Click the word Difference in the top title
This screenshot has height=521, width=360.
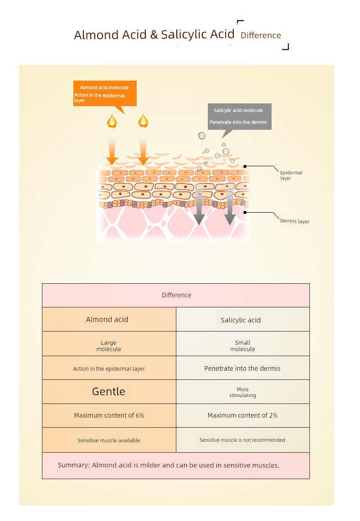point(261,36)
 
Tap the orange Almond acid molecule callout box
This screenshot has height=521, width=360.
point(105,93)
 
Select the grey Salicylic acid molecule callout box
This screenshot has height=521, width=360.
point(239,116)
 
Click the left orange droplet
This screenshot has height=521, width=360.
point(112,121)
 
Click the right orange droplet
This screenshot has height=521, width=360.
point(143,121)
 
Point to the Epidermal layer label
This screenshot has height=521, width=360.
point(291,175)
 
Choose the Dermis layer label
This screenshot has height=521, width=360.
point(294,221)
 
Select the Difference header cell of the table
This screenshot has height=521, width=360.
point(176,295)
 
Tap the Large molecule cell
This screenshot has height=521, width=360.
point(109,346)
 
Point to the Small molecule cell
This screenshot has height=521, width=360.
point(242,346)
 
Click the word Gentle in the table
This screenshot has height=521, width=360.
point(108,392)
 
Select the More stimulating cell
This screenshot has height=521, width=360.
point(242,392)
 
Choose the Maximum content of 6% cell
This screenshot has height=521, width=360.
point(109,415)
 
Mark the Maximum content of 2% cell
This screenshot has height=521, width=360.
point(242,415)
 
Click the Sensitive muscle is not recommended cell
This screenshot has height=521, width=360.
point(242,440)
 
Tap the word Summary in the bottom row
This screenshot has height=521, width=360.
point(72,465)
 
